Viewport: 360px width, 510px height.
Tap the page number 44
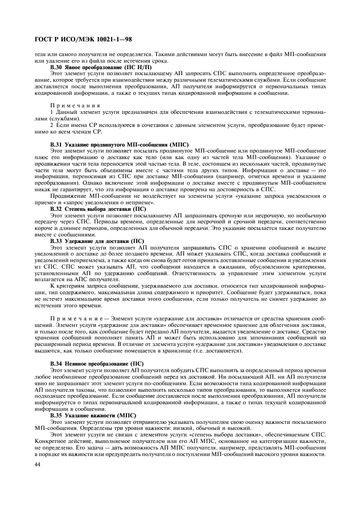tap(38, 463)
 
